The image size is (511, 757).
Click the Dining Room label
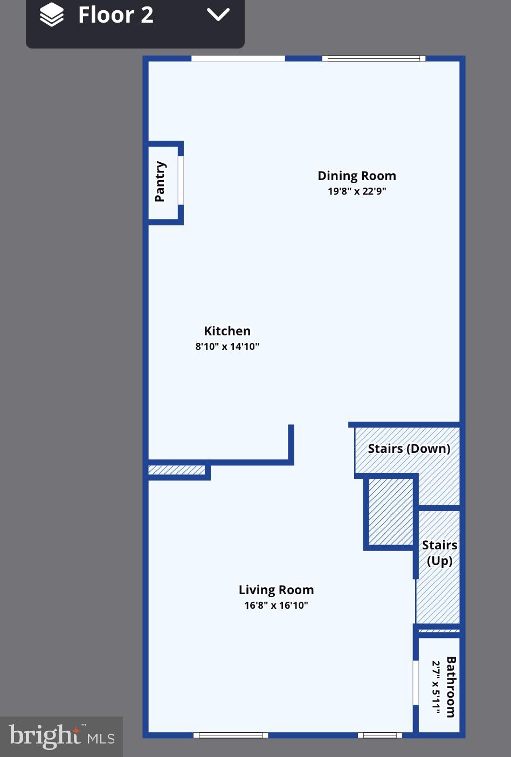click(356, 176)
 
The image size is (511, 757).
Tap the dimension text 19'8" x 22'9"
click(356, 191)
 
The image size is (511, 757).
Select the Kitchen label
click(227, 331)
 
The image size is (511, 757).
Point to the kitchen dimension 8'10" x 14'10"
click(227, 346)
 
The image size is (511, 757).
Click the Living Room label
click(276, 590)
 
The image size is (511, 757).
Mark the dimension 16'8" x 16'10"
click(276, 605)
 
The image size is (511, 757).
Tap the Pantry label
click(160, 181)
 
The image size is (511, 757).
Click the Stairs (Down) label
click(409, 449)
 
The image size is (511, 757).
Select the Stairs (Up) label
click(439, 553)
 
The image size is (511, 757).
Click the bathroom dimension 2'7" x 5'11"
click(436, 689)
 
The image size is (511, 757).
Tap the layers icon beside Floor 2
click(52, 15)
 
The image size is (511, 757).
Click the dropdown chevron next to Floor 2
click(218, 15)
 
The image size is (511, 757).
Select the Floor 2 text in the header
click(115, 15)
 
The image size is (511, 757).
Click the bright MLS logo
click(61, 736)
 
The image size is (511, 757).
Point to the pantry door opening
click(181, 180)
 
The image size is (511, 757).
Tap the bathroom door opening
click(416, 682)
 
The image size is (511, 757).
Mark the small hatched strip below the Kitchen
click(177, 470)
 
